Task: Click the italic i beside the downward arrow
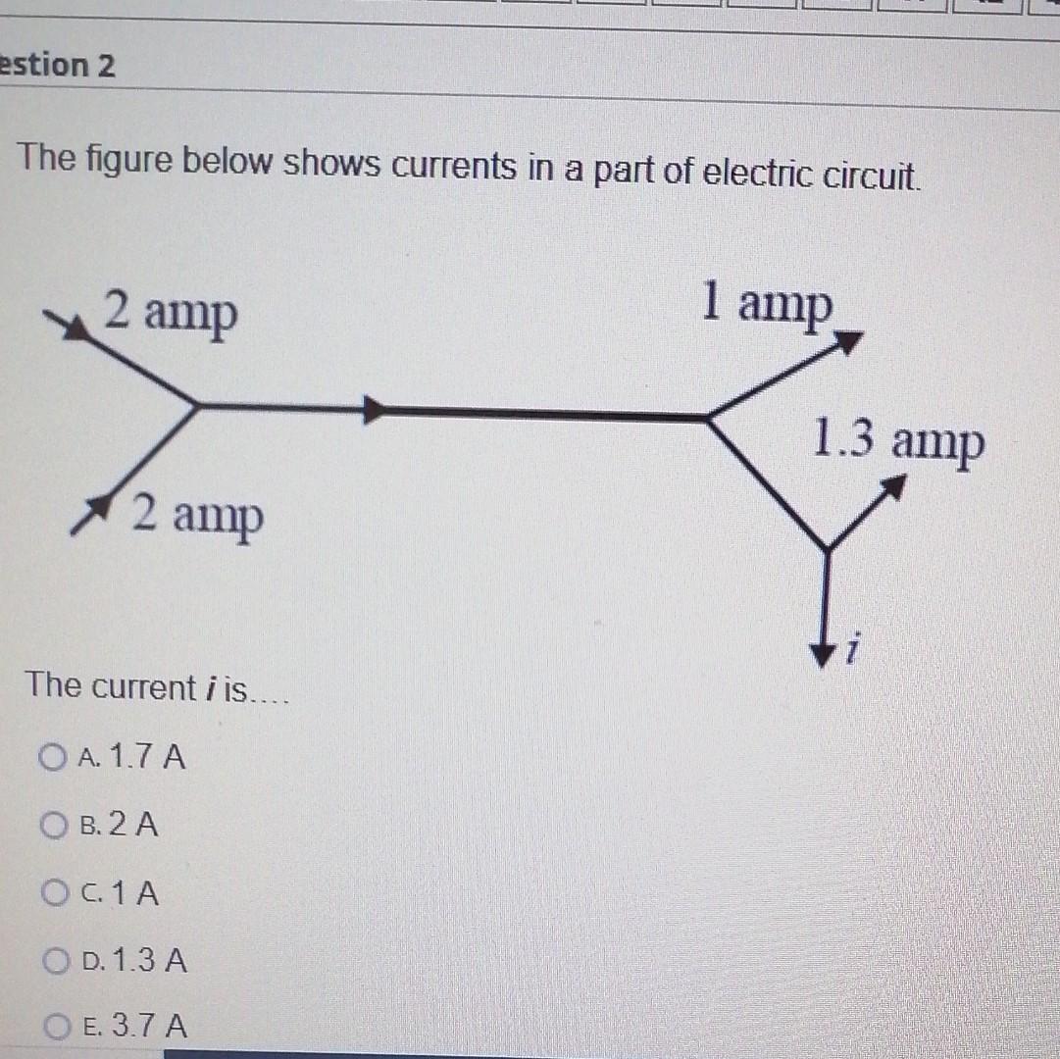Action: (x=855, y=649)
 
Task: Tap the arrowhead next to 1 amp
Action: (x=847, y=342)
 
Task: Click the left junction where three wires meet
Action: (x=197, y=404)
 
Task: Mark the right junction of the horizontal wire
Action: (x=708, y=418)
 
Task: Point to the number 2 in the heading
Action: (x=106, y=67)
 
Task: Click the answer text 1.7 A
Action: (x=147, y=757)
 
